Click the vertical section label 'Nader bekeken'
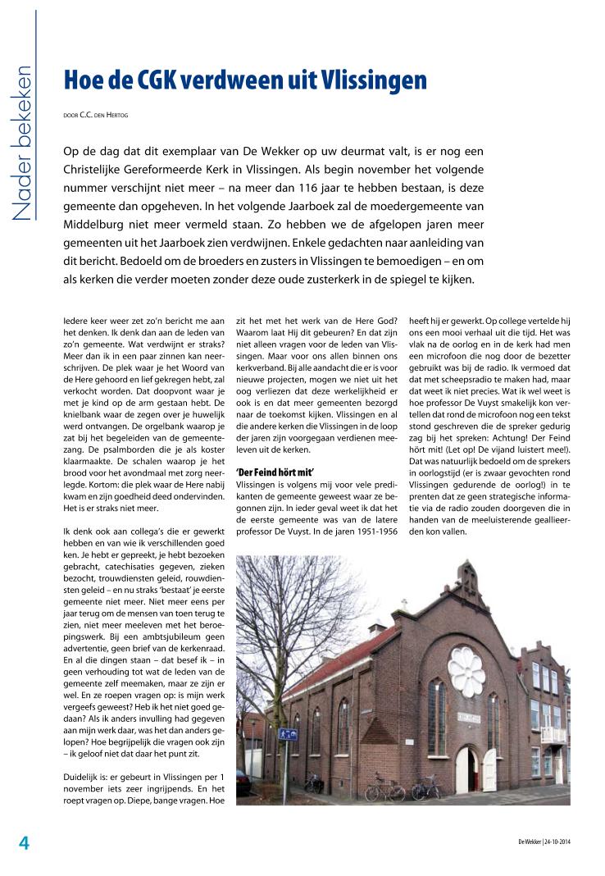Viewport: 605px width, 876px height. [x=21, y=144]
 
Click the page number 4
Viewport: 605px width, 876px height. [x=25, y=842]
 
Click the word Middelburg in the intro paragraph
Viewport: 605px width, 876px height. [x=98, y=224]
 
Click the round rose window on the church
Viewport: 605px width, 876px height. [x=466, y=671]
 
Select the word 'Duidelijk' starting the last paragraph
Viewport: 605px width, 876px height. [x=84, y=776]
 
